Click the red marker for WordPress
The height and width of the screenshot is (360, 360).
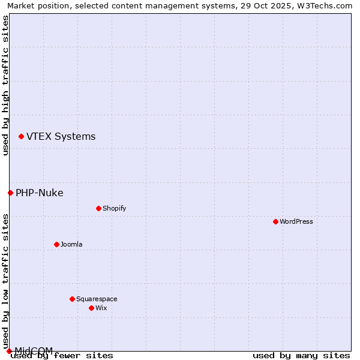click(x=275, y=221)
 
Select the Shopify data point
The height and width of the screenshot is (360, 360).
click(x=98, y=208)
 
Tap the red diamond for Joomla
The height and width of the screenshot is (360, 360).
click(x=56, y=244)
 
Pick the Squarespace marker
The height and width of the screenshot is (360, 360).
click(x=72, y=299)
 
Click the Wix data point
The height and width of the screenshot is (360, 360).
click(x=91, y=308)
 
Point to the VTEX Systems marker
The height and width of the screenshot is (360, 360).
click(x=21, y=137)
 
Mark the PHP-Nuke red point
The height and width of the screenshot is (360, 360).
click(x=10, y=193)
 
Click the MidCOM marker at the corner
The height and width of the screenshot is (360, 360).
click(x=9, y=351)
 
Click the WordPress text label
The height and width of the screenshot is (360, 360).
click(x=296, y=221)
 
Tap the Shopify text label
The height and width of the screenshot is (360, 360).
click(x=114, y=208)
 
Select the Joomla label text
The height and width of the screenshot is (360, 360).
click(x=71, y=244)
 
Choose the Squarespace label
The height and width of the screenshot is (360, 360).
click(x=97, y=299)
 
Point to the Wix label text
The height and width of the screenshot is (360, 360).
click(x=101, y=308)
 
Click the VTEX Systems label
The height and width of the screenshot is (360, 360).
click(x=61, y=137)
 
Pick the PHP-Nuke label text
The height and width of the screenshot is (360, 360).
click(x=40, y=193)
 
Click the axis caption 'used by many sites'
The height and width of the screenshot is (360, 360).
click(x=301, y=356)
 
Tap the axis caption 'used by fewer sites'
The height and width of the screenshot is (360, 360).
click(x=62, y=356)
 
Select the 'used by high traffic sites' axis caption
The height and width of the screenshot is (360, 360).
click(x=5, y=86)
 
